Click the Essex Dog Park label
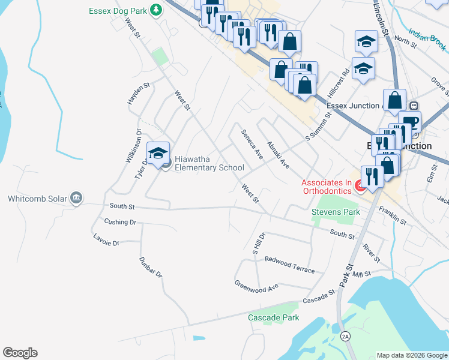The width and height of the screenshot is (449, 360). pos(118,10)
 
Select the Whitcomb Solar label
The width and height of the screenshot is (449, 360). pos(37,198)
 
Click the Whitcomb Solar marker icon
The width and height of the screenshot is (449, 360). pos(76,198)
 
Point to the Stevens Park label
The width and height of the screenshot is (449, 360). pos(336,212)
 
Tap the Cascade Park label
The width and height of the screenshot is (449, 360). pos(273,317)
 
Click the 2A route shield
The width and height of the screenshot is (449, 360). pos(345,335)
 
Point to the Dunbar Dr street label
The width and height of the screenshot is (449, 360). pos(151,267)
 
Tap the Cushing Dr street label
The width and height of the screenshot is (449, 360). pos(120,222)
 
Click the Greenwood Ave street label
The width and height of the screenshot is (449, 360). pos(256,286)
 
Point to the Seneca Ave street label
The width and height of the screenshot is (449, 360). pos(252,144)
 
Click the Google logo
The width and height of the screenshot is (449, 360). pos(20,353)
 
